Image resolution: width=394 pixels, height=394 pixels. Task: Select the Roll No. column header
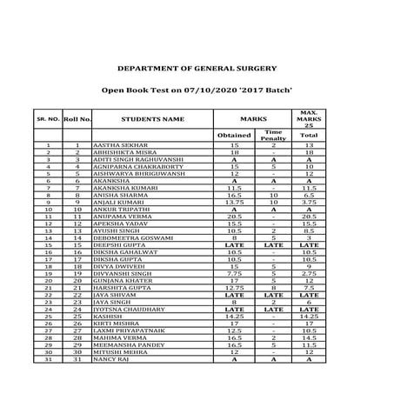coord(78,117)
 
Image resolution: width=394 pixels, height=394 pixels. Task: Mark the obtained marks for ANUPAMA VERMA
coord(232,216)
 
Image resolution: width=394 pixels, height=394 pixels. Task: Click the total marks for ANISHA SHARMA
coord(308,195)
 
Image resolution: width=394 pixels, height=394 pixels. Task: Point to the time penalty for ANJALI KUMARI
coord(272,202)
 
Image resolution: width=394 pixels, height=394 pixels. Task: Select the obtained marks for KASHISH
coord(232,316)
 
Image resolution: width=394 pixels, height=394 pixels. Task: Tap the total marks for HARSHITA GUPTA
coord(308,287)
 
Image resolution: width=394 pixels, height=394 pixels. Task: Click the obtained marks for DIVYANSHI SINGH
coord(232,273)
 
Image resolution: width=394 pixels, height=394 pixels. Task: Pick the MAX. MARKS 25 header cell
coord(308,117)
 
